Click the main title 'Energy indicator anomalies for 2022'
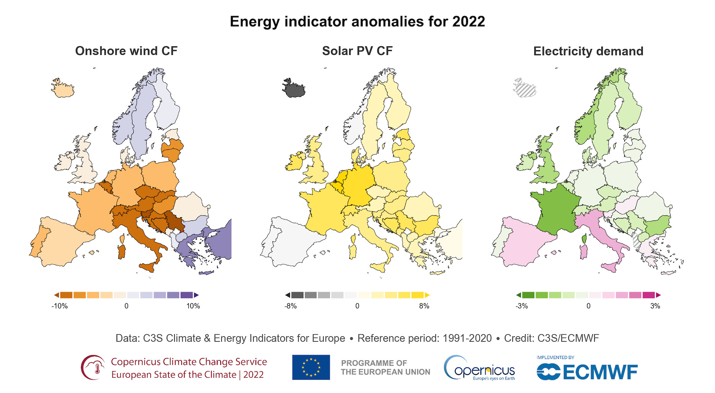click(357, 21)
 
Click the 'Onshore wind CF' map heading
click(126, 51)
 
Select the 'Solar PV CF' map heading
click(357, 51)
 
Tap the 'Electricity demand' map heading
click(588, 51)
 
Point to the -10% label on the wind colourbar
click(60, 306)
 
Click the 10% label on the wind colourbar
click(193, 306)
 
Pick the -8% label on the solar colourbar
click(291, 306)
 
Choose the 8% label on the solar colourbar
click(424, 306)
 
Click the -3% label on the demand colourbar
click(522, 306)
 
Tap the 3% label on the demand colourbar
click(655, 306)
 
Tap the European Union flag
click(311, 367)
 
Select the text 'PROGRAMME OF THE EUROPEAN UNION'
click(385, 367)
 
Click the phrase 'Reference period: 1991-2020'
click(424, 338)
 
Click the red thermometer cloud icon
click(93, 367)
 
